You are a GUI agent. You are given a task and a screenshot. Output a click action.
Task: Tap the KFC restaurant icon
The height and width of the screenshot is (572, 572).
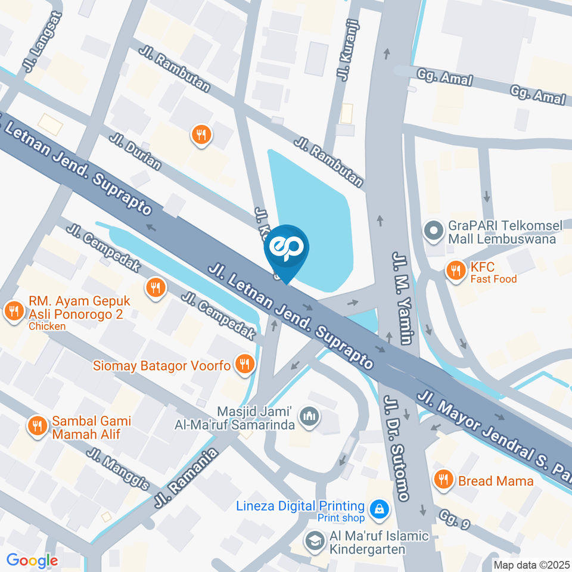point(456,271)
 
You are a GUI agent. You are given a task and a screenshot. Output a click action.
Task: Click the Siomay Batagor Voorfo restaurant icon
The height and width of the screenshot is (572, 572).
point(244,365)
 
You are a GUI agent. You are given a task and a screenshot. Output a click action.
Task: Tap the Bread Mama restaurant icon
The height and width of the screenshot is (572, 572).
point(442,479)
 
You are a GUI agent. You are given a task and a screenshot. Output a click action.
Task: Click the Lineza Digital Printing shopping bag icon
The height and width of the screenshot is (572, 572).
point(378,510)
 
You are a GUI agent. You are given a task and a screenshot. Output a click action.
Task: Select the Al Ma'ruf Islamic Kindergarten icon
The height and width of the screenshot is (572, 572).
point(312,541)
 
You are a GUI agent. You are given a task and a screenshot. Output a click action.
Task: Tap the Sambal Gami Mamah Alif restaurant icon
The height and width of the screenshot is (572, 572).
point(37,426)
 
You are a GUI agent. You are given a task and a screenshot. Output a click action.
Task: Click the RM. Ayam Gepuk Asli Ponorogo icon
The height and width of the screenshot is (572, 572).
point(13,310)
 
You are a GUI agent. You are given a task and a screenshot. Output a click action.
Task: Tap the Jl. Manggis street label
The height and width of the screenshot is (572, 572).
point(117,470)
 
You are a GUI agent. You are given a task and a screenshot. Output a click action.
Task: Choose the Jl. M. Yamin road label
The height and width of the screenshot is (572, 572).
point(402,298)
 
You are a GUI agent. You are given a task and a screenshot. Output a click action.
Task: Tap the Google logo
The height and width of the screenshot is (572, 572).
point(32,561)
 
